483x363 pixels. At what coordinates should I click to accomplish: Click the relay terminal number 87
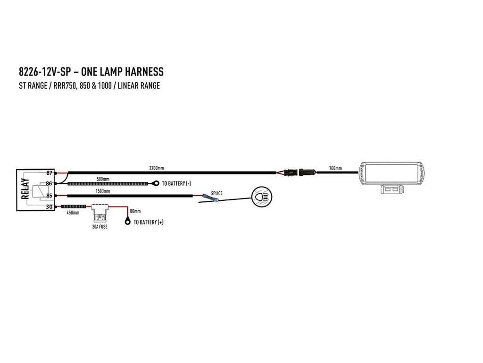(49, 173)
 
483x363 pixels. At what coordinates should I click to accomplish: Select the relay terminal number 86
(49, 184)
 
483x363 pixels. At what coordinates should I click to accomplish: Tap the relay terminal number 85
(49, 195)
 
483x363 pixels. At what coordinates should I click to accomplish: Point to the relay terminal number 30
(49, 207)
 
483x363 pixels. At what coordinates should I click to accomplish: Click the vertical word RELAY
(25, 189)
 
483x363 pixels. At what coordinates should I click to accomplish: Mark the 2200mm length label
(157, 168)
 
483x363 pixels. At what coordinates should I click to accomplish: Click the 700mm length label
(335, 168)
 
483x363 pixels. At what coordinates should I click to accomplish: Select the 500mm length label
(103, 179)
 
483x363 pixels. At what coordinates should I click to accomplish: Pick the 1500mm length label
(102, 191)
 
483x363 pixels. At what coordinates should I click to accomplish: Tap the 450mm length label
(73, 213)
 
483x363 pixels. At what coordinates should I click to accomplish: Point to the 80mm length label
(135, 211)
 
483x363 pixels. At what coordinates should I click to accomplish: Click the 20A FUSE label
(100, 226)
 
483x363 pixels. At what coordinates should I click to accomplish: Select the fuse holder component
(100, 214)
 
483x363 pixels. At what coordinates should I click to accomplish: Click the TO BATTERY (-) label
(176, 183)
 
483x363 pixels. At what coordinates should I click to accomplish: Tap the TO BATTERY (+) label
(149, 222)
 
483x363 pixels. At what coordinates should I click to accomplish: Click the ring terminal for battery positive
(127, 221)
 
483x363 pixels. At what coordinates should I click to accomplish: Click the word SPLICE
(217, 193)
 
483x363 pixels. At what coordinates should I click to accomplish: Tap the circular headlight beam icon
(262, 197)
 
